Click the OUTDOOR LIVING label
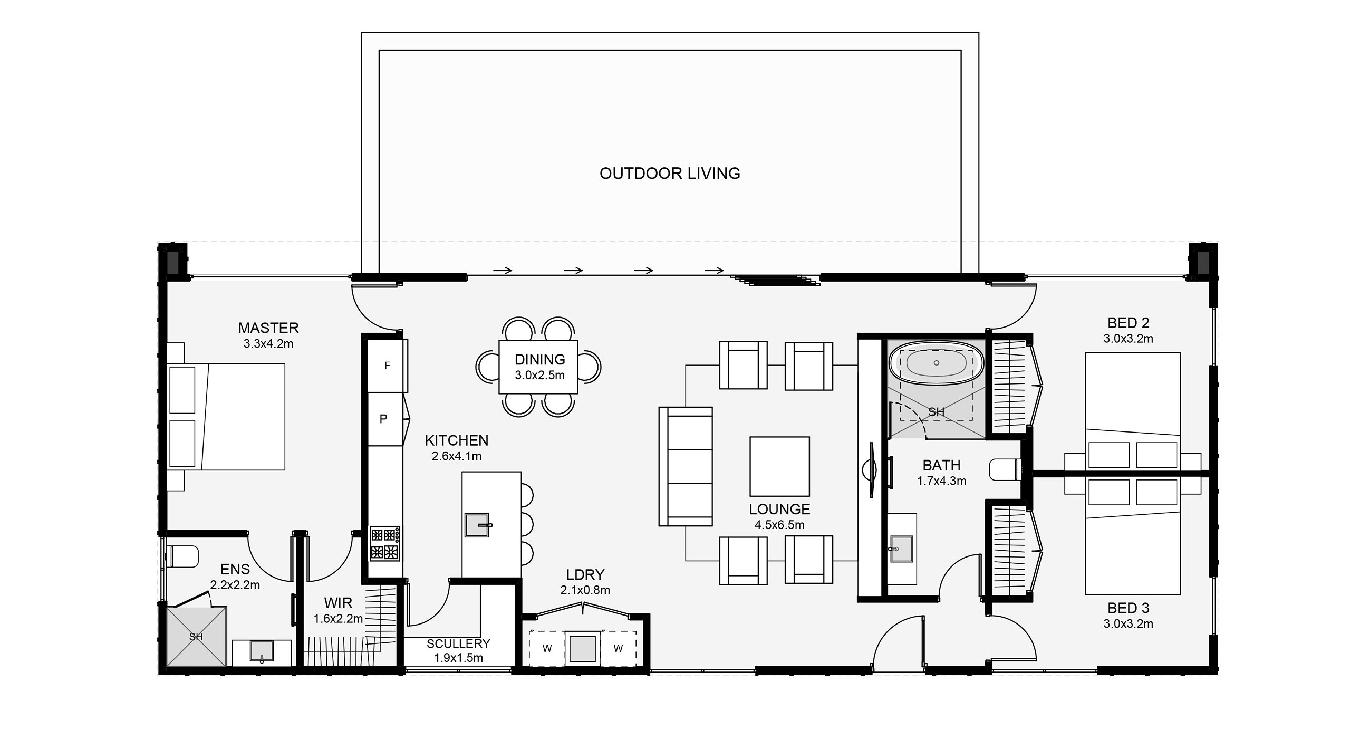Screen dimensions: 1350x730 [670, 174]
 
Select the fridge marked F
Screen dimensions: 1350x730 [388, 366]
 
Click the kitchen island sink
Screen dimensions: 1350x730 [478, 525]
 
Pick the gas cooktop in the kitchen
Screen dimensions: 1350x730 [384, 543]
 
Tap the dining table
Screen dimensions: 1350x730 [538, 367]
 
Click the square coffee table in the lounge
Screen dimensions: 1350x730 [779, 466]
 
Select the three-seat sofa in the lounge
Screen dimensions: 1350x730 [686, 466]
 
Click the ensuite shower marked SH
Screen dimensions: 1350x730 [197, 636]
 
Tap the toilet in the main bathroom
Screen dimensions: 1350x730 [1005, 469]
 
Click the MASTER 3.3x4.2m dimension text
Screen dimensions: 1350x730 [268, 344]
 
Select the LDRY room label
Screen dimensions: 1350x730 [585, 574]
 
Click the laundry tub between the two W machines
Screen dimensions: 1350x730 [582, 648]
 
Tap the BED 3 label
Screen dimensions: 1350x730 [1128, 608]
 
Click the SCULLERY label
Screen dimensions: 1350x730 [458, 643]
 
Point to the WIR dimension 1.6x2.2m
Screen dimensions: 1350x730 [338, 619]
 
